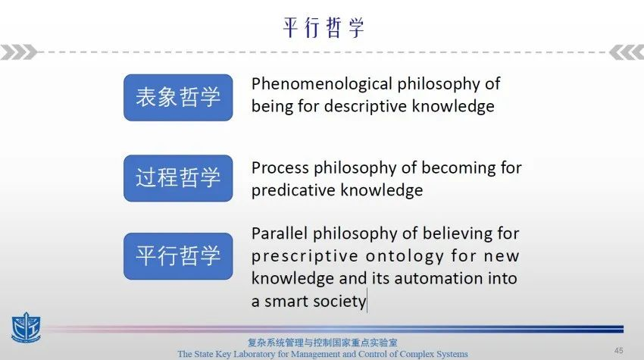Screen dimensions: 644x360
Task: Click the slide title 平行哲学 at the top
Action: tap(324, 28)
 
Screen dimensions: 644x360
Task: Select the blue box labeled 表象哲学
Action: tap(178, 98)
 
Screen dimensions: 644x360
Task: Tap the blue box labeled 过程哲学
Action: tap(178, 178)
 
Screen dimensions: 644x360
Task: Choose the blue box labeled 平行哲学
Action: tap(178, 256)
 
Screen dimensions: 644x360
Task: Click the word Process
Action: tap(280, 167)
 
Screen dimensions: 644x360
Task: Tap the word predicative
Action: tap(294, 191)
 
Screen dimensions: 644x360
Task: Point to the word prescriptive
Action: tap(305, 256)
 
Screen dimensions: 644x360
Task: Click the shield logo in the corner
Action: tap(26, 327)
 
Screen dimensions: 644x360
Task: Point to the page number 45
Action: tap(618, 350)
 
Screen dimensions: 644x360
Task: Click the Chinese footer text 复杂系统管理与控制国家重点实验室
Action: tap(323, 343)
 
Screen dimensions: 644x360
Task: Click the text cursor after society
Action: tap(367, 301)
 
